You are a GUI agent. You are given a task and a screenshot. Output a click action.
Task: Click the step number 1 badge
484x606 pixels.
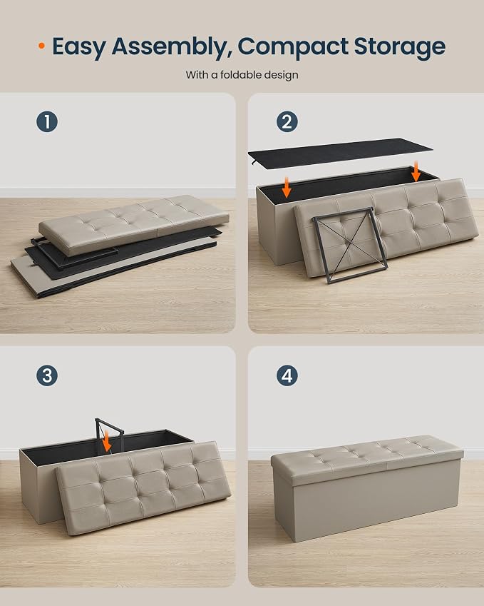pyautogui.click(x=47, y=122)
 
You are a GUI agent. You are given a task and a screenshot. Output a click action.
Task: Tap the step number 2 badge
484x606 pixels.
pyautogui.click(x=287, y=122)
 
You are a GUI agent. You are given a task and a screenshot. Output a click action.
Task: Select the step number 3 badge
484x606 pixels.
pyautogui.click(x=47, y=375)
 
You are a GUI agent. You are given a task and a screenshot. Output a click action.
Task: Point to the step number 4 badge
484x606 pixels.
pyautogui.click(x=287, y=375)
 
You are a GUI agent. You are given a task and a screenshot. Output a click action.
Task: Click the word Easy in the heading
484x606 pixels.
pyautogui.click(x=79, y=48)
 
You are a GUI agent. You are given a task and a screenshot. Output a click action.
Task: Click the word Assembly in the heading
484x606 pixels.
pyautogui.click(x=172, y=48)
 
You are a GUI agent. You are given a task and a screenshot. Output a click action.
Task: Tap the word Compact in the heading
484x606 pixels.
pyautogui.click(x=293, y=47)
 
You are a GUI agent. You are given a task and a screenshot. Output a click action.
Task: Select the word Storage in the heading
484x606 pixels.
pyautogui.click(x=399, y=48)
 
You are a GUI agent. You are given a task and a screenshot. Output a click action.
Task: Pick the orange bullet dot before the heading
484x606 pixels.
pyautogui.click(x=41, y=46)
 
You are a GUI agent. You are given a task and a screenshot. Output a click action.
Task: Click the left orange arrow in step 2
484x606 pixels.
pyautogui.click(x=287, y=187)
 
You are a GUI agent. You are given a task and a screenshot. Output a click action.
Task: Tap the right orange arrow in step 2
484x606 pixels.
pyautogui.click(x=416, y=171)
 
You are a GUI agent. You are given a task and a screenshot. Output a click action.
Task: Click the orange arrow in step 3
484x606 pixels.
pyautogui.click(x=106, y=441)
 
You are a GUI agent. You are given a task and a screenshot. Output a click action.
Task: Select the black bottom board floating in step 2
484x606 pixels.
pyautogui.click(x=341, y=153)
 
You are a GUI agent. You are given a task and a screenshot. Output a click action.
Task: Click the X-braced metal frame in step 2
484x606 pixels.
pyautogui.click(x=350, y=245)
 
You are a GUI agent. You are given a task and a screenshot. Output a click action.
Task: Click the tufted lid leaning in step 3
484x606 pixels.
pyautogui.click(x=143, y=488)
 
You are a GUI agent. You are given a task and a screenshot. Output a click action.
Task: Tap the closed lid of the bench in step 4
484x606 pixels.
pyautogui.click(x=366, y=455)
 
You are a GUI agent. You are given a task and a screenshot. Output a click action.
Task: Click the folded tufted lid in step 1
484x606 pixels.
pyautogui.click(x=133, y=224)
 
